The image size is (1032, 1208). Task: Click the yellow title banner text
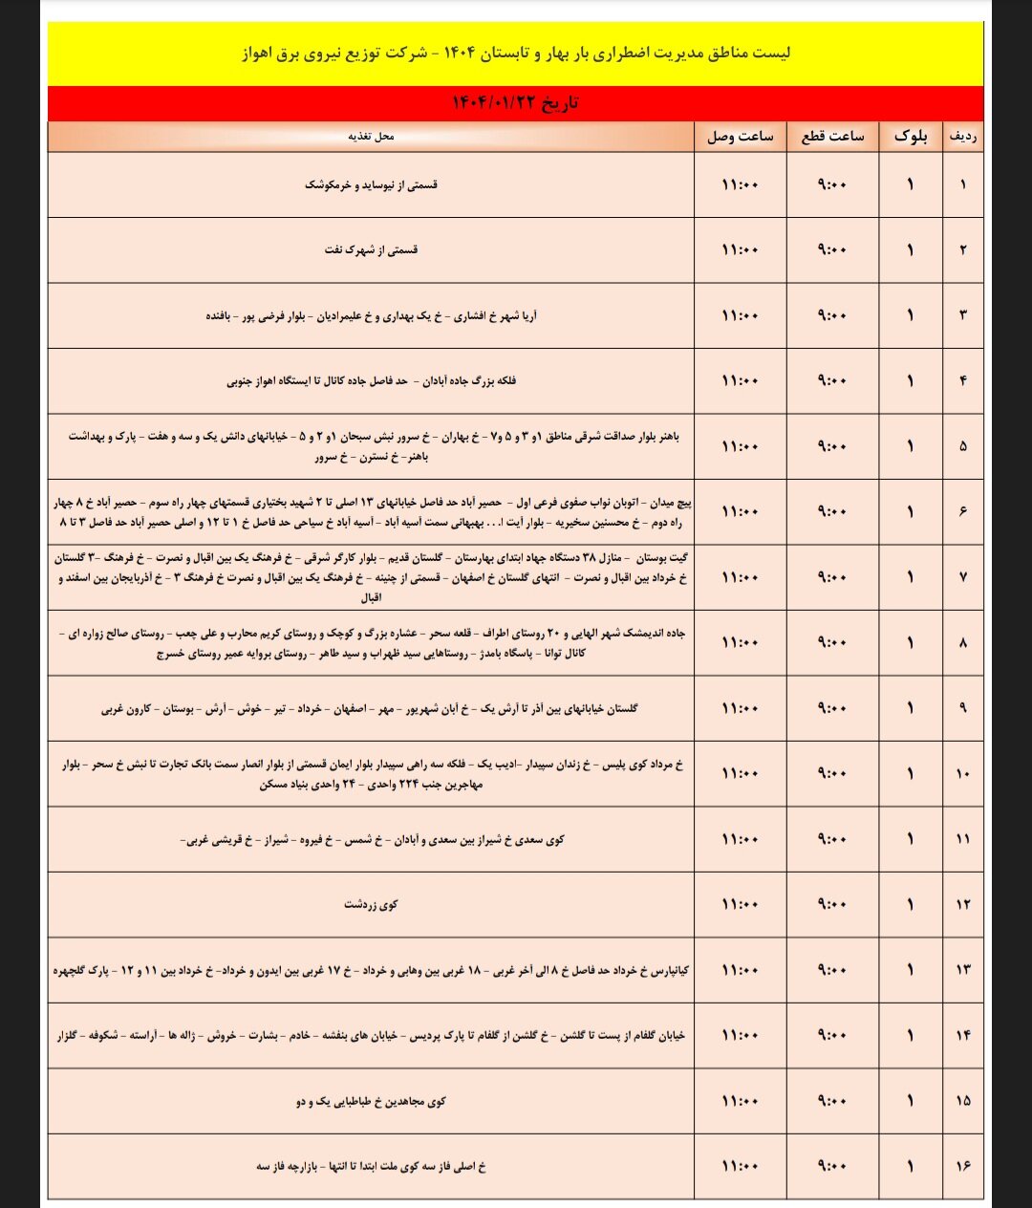[516, 53]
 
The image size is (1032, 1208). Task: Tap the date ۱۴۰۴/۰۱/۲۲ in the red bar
[516, 103]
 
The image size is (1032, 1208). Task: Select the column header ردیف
[962, 137]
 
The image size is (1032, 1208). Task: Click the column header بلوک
[911, 137]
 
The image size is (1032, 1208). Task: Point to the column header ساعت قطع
[832, 137]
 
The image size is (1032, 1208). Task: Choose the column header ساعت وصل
[740, 137]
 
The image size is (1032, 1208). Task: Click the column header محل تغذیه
[371, 137]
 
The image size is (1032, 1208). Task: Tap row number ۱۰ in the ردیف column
[962, 773]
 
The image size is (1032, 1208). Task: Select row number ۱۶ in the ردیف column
[962, 1166]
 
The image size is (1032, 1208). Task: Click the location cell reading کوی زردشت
[371, 904]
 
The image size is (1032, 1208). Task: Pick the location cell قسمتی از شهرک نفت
[371, 249]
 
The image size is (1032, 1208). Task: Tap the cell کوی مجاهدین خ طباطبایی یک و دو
[371, 1101]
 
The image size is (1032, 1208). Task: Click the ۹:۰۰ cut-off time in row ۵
[832, 446]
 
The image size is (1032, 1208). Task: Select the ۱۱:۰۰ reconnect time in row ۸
[740, 642]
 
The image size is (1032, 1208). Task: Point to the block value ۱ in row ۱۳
[911, 970]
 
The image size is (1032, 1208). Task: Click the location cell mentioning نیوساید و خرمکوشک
[371, 184]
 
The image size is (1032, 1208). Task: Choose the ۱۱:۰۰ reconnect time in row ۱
[740, 184]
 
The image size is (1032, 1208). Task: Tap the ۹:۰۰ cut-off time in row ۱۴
[832, 1035]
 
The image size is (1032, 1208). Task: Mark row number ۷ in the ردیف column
[962, 577]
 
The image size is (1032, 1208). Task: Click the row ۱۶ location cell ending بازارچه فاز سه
[371, 1166]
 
